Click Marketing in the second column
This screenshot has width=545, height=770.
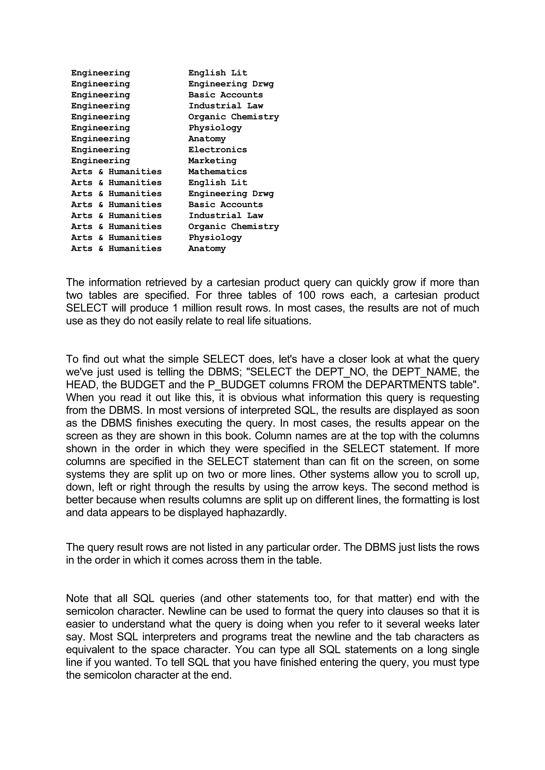point(212,161)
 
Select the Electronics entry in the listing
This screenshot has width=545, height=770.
point(217,150)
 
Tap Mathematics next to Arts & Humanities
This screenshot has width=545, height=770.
point(217,172)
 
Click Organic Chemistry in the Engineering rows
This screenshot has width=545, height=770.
point(233,117)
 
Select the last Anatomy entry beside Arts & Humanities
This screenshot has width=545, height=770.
point(207,248)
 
